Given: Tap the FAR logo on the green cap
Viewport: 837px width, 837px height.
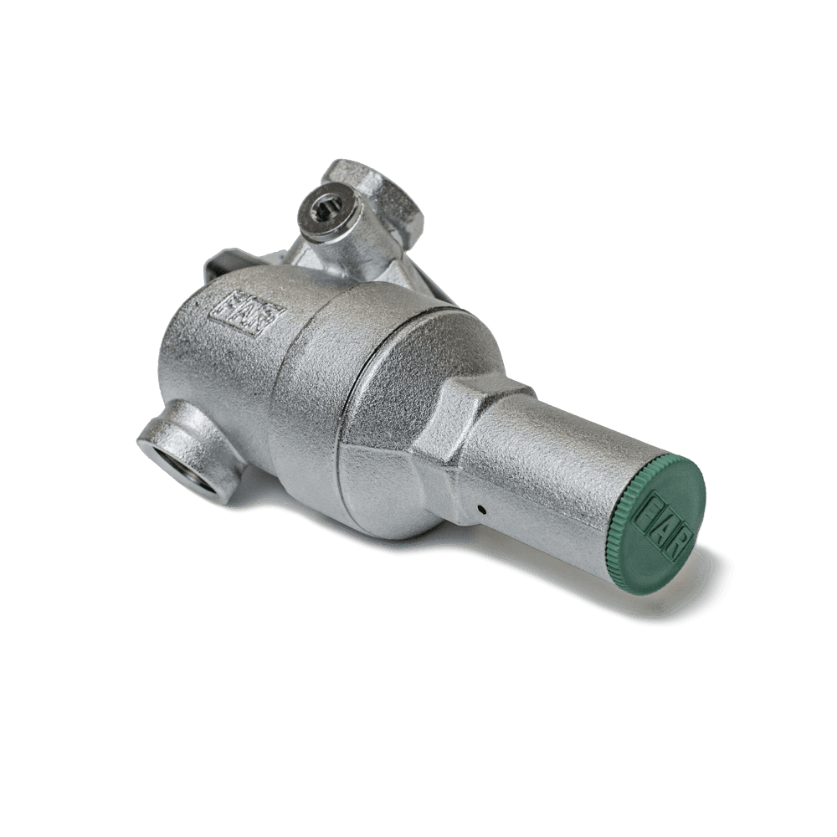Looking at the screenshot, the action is click(x=665, y=525).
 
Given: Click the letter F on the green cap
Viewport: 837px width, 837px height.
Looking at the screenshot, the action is click(x=652, y=510).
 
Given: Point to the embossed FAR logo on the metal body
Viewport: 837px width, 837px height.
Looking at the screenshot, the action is click(x=245, y=315).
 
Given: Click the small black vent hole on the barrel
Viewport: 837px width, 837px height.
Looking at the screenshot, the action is click(x=481, y=509).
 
